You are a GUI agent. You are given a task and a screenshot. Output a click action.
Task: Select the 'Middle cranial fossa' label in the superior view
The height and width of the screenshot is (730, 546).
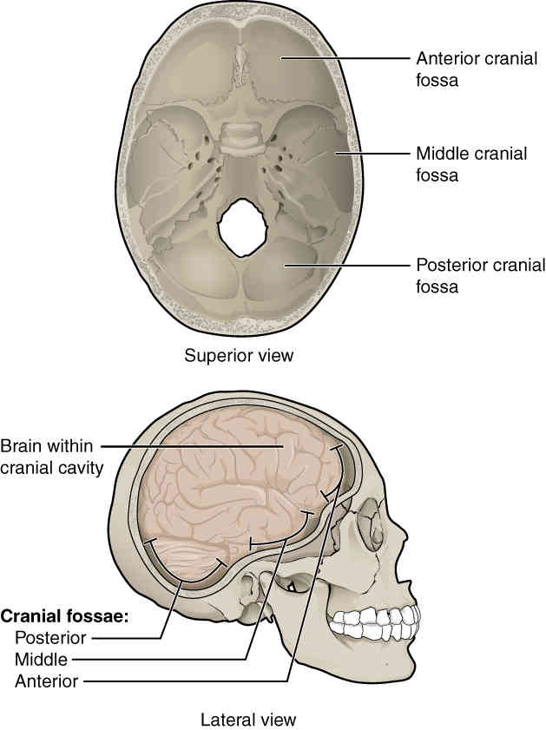point(471,164)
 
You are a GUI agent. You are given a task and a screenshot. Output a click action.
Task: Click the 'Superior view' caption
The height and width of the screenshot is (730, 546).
point(239,355)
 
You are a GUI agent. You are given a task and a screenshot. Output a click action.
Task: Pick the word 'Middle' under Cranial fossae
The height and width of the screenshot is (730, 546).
point(41,660)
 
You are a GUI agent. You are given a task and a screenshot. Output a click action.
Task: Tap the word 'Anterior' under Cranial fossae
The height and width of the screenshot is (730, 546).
point(47,681)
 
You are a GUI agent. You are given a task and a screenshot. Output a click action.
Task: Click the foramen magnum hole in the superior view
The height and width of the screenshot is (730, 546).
point(241,227)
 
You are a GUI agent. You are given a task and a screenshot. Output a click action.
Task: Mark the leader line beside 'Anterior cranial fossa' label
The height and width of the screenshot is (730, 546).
point(347,59)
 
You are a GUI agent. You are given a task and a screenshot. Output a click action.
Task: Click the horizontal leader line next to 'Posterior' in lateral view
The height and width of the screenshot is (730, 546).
point(122,638)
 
